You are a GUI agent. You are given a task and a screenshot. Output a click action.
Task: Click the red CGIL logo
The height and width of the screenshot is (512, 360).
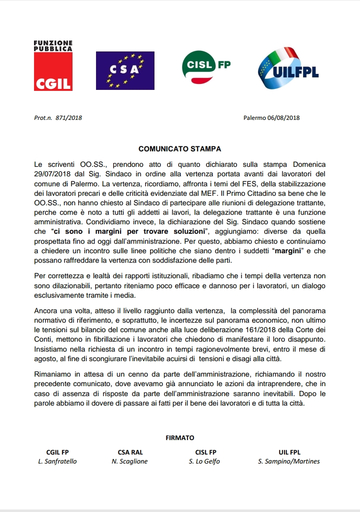click(53, 66)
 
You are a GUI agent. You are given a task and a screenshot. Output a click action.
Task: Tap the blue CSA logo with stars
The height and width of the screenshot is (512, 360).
click(125, 70)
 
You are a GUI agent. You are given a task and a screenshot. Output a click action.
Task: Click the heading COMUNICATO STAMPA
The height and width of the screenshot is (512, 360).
click(179, 149)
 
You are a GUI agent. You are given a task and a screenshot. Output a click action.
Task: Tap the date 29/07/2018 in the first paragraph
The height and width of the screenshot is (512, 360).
click(51, 173)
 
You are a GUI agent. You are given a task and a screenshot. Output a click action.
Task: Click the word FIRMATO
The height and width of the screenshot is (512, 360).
click(179, 438)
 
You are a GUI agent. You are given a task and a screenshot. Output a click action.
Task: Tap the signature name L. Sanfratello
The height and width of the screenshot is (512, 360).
click(57, 462)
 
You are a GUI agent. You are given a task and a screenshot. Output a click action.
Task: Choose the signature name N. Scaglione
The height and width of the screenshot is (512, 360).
click(130, 462)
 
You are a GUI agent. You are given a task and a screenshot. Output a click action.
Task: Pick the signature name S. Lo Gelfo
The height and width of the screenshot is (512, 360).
click(204, 462)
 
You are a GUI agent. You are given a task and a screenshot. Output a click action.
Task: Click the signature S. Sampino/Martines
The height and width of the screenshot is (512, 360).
click(289, 462)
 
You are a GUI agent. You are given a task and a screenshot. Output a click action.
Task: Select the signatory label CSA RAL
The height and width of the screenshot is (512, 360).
click(130, 453)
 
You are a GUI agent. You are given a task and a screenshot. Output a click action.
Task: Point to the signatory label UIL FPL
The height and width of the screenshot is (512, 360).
click(289, 453)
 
